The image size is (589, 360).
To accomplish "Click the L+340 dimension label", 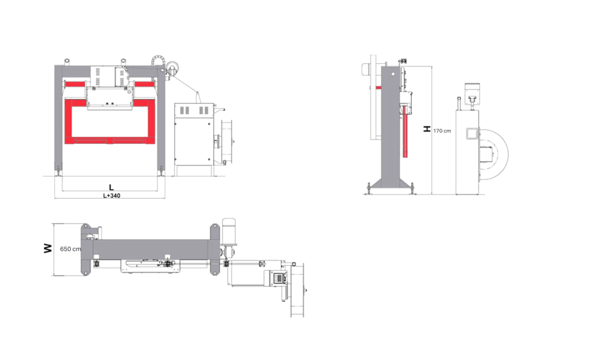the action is pyautogui.click(x=112, y=196).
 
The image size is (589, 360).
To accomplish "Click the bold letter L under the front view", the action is pyautogui.click(x=111, y=187).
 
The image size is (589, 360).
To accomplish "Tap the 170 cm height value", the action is pyautogui.click(x=442, y=131).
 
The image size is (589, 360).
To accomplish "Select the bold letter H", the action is pyautogui.click(x=427, y=129).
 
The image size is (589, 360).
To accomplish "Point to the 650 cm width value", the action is pyautogui.click(x=70, y=249).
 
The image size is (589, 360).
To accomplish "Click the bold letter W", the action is pyautogui.click(x=48, y=248).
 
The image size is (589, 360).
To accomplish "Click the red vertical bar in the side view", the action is pyautogui.click(x=406, y=131).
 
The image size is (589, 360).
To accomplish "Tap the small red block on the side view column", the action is pyautogui.click(x=378, y=87).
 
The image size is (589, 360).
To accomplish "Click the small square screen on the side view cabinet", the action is pyautogui.click(x=471, y=133).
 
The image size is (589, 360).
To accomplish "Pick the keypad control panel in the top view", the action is pyautogui.click(x=278, y=278).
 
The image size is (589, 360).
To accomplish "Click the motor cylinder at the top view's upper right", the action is pyautogui.click(x=228, y=229).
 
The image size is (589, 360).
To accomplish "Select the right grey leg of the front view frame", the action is pyautogui.click(x=161, y=120).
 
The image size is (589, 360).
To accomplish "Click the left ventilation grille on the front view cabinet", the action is pyautogui.click(x=185, y=111).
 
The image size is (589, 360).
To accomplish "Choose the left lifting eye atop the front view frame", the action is pyautogui.click(x=67, y=61).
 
